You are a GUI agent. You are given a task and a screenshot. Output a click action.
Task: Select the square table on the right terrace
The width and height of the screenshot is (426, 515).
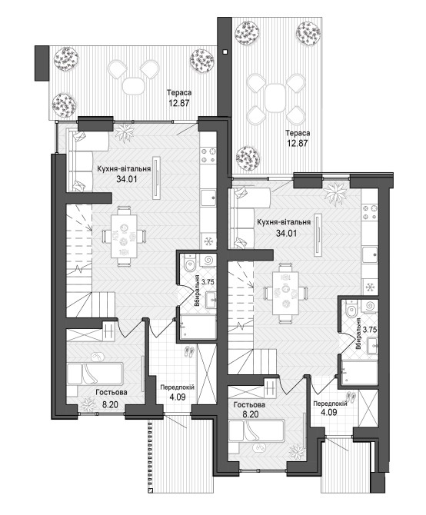[275, 98]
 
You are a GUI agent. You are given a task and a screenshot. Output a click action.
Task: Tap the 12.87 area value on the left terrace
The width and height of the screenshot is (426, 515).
[179, 103]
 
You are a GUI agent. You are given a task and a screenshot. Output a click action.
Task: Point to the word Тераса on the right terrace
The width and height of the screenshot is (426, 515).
[298, 133]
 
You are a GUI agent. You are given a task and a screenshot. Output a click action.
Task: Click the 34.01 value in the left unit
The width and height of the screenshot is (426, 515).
[126, 179]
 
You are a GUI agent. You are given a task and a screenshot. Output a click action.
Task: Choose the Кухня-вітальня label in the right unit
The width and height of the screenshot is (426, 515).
[284, 222]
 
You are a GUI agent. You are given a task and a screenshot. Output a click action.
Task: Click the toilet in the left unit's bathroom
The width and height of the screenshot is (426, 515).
[190, 264]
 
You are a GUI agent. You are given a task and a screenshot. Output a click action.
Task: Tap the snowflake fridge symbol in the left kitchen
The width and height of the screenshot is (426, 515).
[208, 241]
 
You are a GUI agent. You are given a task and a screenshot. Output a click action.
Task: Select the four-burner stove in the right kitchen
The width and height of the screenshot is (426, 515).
[370, 212]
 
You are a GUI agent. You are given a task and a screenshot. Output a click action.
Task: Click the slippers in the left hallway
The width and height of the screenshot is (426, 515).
[189, 352]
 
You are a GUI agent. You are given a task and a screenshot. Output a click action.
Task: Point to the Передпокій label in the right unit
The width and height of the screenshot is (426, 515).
[330, 404]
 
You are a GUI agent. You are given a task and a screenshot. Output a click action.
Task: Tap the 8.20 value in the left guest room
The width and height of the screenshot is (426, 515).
[110, 405]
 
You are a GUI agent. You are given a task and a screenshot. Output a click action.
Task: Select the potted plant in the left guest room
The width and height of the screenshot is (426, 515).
[88, 404]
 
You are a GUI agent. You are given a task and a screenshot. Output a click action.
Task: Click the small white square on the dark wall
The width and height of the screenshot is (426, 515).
[225, 51]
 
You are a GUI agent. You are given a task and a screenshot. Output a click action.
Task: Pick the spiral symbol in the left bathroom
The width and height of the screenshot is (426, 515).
[209, 260]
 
